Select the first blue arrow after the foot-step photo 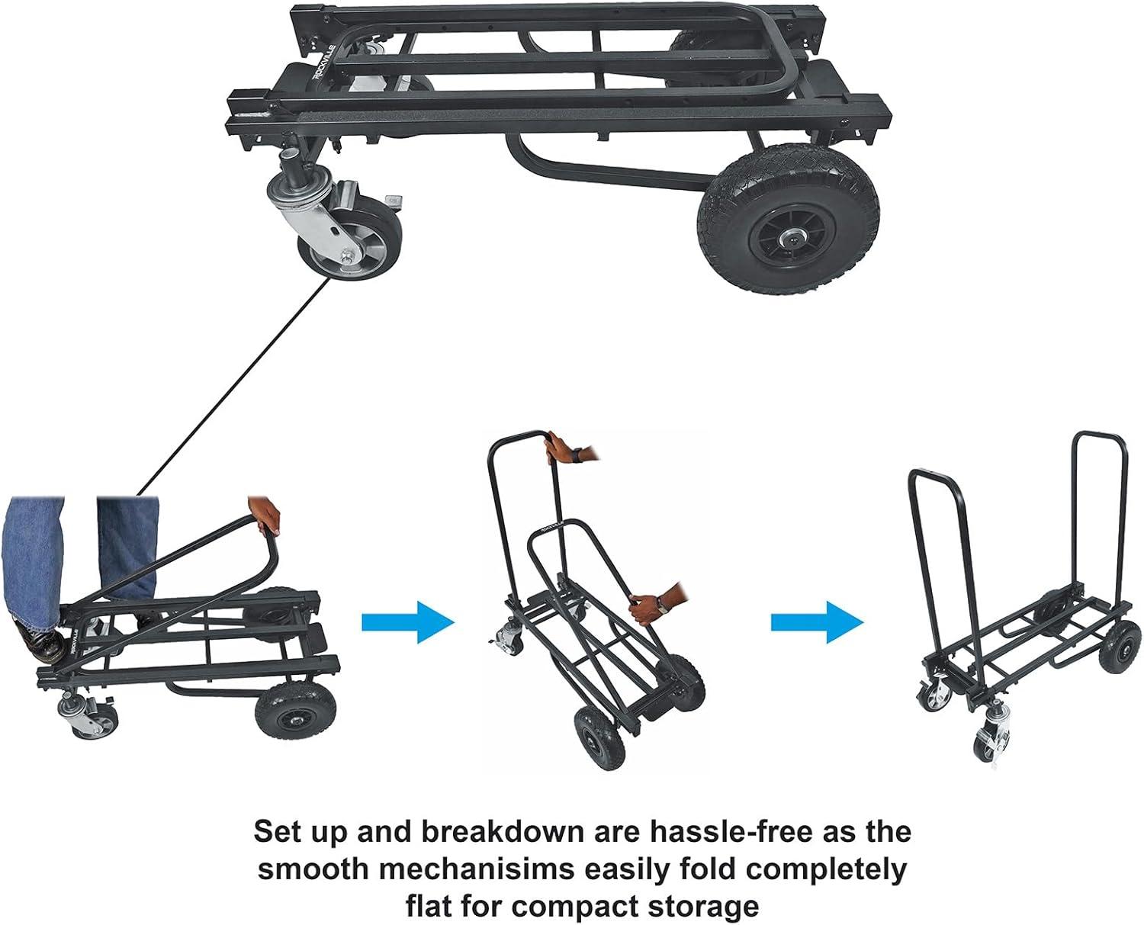click(x=408, y=623)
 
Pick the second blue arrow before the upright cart click(x=817, y=623)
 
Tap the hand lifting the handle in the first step click(x=266, y=515)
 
